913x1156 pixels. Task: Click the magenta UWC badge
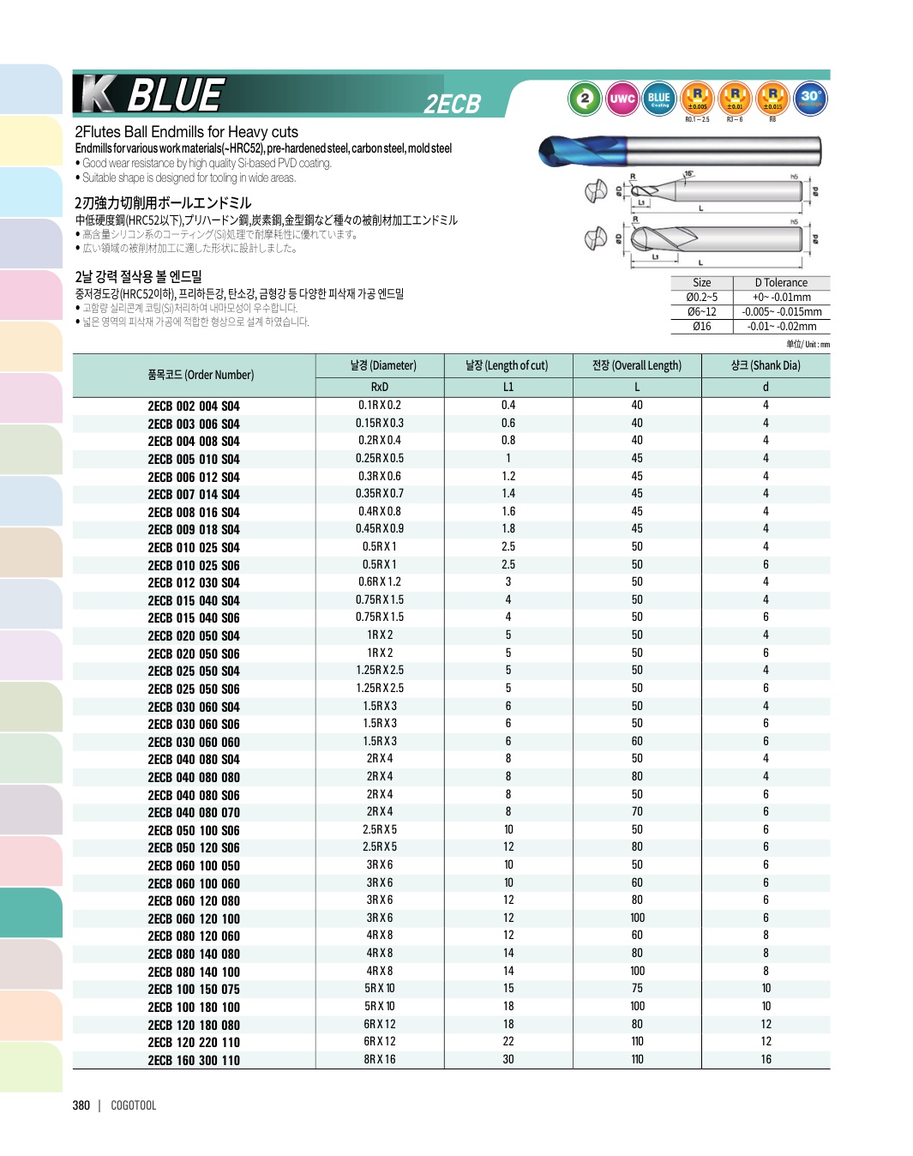coord(622,99)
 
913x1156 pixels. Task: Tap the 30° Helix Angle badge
coord(810,99)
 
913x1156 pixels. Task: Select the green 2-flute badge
coord(585,99)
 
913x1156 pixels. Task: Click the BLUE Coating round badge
coord(658,99)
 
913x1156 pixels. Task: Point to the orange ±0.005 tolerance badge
coord(697,99)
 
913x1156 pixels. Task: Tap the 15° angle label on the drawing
coord(688,175)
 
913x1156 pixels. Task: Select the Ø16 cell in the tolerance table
coord(701,327)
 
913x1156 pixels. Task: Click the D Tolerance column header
coord(781,283)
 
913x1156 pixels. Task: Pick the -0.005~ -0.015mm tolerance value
coord(781,312)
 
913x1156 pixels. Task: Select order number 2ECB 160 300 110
coord(194,1061)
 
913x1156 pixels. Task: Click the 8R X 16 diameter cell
coord(380,1060)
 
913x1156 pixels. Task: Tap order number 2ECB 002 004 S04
coord(194,406)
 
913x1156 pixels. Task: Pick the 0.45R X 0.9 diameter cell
coord(380,529)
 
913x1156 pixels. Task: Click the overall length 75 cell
coord(637,989)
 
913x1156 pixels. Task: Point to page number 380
coord(81,1105)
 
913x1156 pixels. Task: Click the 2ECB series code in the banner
coord(453,104)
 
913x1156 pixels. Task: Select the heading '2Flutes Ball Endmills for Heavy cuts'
coord(186,132)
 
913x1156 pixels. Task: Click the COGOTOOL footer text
coord(134,1105)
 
